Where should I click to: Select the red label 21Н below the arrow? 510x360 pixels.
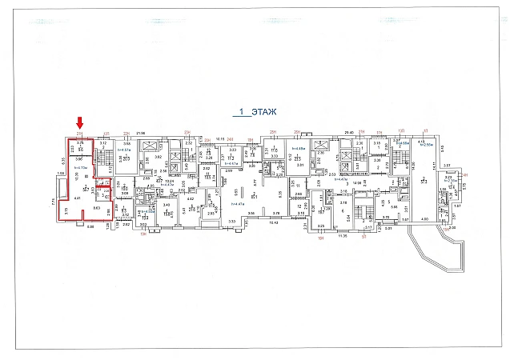[x=79, y=133]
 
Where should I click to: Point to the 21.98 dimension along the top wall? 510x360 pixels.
[x=140, y=133]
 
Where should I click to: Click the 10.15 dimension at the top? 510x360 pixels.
[x=220, y=138]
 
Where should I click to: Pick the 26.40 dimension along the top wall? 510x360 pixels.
[x=348, y=133]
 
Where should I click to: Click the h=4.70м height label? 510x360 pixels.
[x=81, y=166]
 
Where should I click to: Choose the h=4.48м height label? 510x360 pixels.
[x=299, y=149]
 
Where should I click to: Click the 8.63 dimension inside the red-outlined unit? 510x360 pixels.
[x=96, y=208]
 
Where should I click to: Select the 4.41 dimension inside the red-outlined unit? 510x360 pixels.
[x=78, y=197]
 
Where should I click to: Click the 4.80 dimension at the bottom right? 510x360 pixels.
[x=425, y=218]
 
